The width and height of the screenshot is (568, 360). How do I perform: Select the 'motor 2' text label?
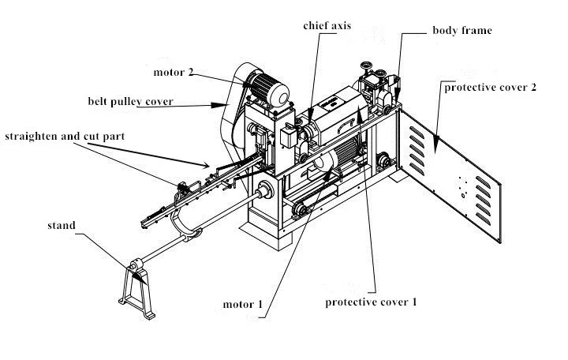(173, 73)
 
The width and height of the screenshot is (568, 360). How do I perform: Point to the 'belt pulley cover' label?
(131, 102)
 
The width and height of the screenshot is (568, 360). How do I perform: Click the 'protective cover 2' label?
(490, 87)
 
